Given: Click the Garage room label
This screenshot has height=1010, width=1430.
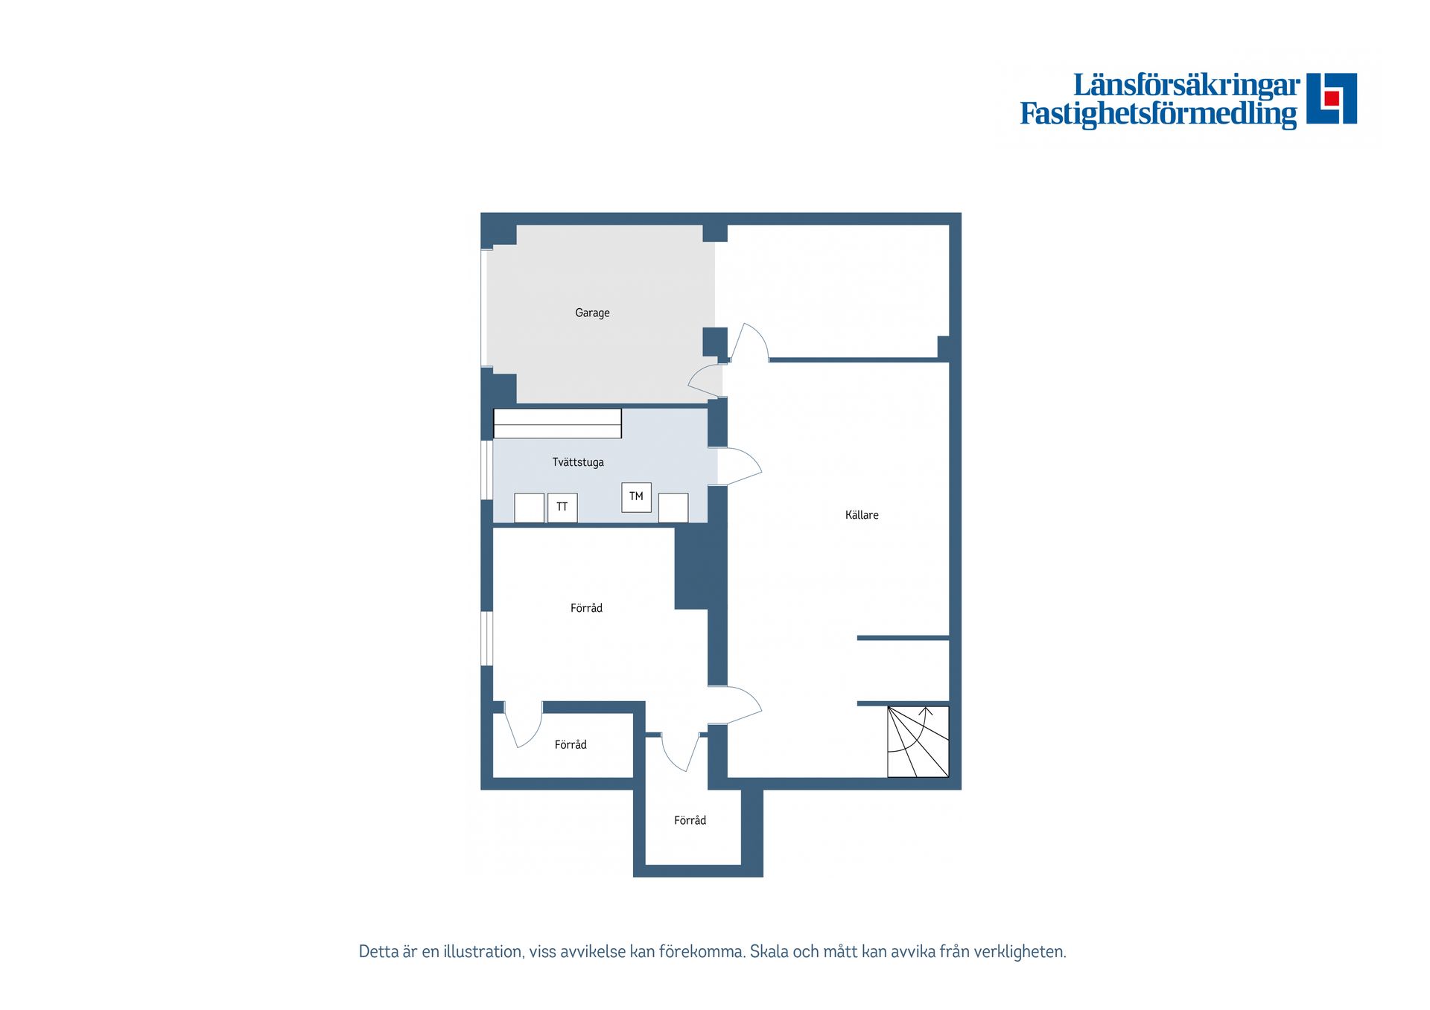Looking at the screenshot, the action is [x=592, y=313].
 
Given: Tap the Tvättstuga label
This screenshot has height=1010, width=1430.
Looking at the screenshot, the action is [x=578, y=462].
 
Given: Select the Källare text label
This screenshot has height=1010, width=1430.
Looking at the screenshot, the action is [x=862, y=515].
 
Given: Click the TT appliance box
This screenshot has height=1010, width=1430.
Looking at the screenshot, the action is [x=562, y=508].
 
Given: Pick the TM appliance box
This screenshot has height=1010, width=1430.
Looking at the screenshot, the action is [x=636, y=497].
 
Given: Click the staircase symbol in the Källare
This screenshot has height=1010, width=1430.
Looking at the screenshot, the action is [x=918, y=741].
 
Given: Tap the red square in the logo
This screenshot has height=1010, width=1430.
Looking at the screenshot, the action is [x=1332, y=98].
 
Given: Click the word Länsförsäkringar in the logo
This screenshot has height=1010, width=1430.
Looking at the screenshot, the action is [x=1186, y=85].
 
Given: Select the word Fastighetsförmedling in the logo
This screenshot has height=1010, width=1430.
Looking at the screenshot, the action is [x=1158, y=114].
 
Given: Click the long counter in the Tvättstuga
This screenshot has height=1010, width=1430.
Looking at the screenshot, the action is [x=557, y=424].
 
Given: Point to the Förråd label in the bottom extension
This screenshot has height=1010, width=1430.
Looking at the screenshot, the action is [x=690, y=820].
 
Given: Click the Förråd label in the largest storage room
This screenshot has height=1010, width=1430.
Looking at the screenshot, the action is [x=586, y=608].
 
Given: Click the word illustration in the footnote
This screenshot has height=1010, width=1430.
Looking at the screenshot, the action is [x=483, y=951].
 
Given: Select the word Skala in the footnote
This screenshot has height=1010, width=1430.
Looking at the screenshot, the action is [x=769, y=951].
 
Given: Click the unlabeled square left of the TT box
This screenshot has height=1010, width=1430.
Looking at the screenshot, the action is [x=529, y=508].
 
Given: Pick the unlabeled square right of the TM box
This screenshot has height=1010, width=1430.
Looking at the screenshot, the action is [x=673, y=508].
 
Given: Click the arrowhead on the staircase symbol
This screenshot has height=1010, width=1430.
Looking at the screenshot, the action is [x=927, y=711].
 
